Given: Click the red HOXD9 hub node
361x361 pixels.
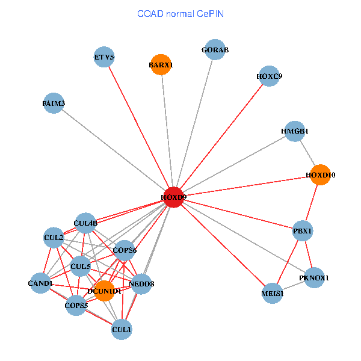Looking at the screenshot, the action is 174,197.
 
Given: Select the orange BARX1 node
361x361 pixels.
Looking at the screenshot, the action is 161,65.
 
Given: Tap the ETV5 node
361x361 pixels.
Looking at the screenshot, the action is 104,57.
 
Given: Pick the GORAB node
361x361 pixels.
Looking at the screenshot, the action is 215,49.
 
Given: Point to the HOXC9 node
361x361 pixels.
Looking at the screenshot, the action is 269,76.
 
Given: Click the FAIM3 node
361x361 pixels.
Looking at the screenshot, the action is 54,103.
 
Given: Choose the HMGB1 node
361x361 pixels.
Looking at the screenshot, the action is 295,131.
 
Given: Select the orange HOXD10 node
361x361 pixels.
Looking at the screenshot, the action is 320,174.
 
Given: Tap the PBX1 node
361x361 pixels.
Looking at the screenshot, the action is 303,230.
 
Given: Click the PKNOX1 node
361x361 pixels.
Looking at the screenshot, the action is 314,277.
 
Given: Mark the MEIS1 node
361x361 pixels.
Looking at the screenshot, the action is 272,294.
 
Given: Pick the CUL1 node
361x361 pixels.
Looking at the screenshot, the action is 122,330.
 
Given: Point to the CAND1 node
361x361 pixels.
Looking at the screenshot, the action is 40,283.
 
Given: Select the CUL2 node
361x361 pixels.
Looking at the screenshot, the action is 54,238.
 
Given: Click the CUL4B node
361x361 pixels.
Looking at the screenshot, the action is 85,223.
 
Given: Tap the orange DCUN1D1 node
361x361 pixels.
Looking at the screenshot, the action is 105,291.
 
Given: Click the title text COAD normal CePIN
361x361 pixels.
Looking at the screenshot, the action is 180,14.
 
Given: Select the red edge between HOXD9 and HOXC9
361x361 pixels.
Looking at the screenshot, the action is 221,137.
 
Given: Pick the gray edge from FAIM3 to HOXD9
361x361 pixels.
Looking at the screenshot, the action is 114,150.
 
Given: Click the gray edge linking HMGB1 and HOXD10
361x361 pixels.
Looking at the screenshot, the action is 307,153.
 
